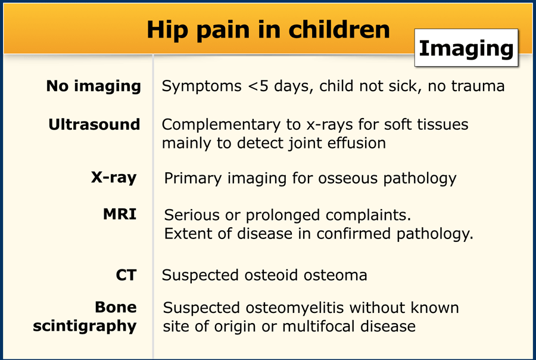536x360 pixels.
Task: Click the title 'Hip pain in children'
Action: (269, 30)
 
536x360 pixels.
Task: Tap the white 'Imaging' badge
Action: (466, 48)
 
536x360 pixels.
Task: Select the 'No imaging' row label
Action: (94, 86)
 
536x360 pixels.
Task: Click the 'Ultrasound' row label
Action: (94, 124)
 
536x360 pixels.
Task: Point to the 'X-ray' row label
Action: (114, 178)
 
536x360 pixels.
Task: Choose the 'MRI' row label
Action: (120, 214)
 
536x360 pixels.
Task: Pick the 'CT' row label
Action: (126, 275)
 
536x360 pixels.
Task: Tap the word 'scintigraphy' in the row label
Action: (85, 326)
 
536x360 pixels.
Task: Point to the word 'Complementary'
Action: (221, 125)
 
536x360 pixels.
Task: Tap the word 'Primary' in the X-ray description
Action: (193, 179)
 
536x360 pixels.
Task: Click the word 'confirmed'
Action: (353, 234)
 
